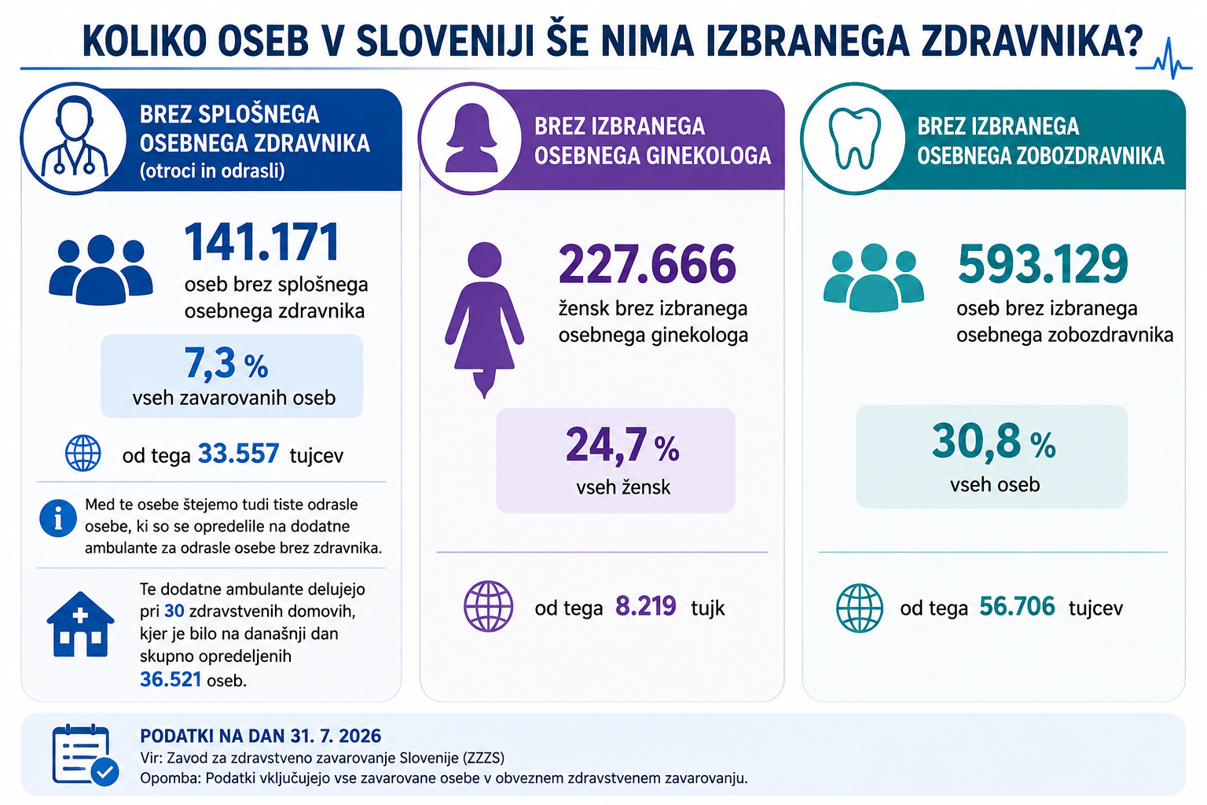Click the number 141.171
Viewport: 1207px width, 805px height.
pos(262,243)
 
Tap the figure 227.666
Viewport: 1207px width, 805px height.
pos(648,264)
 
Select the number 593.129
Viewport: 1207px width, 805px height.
pos(1044,264)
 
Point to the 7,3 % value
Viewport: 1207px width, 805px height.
pos(226,363)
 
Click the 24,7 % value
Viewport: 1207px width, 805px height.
pos(622,446)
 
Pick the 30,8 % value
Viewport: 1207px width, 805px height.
pos(993,442)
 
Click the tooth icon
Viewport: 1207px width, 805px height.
pos(855,138)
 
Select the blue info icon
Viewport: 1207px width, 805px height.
pos(58,518)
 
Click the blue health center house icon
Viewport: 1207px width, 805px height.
pos(80,624)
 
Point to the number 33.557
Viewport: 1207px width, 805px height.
pos(239,454)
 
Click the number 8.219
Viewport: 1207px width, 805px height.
pos(645,606)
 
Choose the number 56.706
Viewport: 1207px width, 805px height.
pos(1017,606)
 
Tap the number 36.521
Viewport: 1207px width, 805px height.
pos(171,679)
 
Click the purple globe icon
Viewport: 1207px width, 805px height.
pos(488,606)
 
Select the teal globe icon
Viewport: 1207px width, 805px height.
pos(860,608)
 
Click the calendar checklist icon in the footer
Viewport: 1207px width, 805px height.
pos(85,755)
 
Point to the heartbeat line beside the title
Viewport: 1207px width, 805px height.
pos(1164,59)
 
